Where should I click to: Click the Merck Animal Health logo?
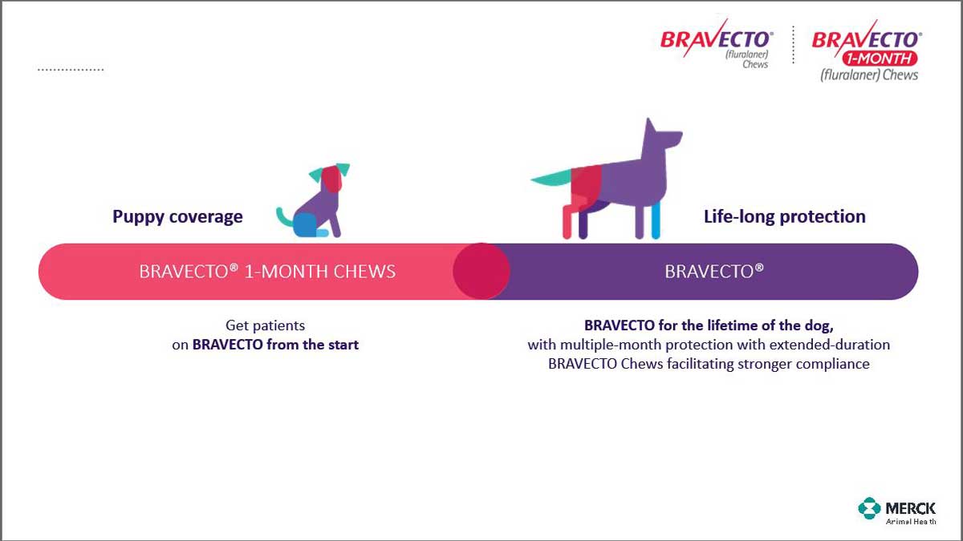point(897,511)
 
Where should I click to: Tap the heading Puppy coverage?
point(177,217)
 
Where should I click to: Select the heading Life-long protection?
point(785,216)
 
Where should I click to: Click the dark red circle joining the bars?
point(481,271)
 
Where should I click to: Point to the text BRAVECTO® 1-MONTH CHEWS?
point(267,272)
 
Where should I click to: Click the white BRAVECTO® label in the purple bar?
point(714,272)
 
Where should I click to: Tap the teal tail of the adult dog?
point(551,177)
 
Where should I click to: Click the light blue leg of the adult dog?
point(656,220)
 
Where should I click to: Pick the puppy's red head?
point(331,179)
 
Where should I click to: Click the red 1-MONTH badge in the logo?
point(880,59)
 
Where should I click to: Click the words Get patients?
point(266,325)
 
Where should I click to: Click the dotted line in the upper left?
point(71,69)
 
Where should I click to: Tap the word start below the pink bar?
point(343,345)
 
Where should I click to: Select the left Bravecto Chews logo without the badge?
point(717,43)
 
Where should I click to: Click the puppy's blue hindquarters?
point(306,224)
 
